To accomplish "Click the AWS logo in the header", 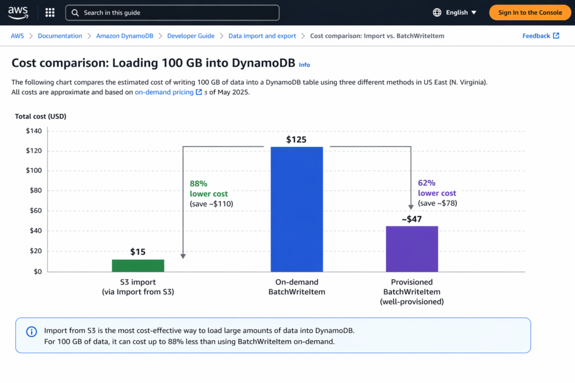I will [x=17, y=12].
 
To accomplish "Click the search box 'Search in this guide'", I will [x=172, y=12].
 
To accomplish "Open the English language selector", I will [x=455, y=12].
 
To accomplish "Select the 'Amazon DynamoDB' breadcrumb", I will [x=124, y=36].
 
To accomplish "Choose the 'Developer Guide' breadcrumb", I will [x=190, y=36].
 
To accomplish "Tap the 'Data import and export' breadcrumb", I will [x=262, y=36].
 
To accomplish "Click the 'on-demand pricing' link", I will [x=164, y=93].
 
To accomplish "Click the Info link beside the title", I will [x=304, y=65].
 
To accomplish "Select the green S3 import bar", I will [x=138, y=265].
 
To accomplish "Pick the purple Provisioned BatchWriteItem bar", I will [x=412, y=248].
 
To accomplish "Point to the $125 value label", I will [x=296, y=140].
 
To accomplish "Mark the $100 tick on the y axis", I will [x=34, y=170].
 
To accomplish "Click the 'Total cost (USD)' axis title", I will [x=40, y=117].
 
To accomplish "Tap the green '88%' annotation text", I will [x=199, y=183].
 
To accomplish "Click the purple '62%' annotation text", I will [x=427, y=183].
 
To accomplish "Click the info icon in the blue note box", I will [x=32, y=331].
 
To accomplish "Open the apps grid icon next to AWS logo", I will [x=49, y=12].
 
